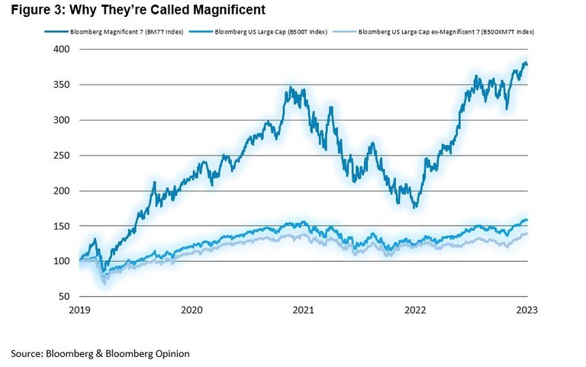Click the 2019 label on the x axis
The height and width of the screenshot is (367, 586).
tap(79, 310)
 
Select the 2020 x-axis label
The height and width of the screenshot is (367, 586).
tap(192, 310)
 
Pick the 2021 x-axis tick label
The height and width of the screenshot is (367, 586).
tap(304, 310)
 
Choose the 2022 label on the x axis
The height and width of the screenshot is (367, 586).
tap(415, 310)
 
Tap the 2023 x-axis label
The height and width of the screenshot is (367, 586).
tap(526, 310)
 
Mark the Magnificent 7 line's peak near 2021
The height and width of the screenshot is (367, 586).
tap(288, 88)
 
